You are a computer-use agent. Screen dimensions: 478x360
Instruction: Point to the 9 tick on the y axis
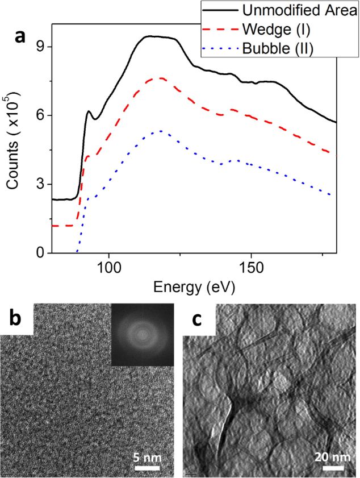point(40,47)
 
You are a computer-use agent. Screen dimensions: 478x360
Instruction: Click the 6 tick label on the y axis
point(40,115)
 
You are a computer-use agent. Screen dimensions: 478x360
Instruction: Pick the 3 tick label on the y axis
point(40,184)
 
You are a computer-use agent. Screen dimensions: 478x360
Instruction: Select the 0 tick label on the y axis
point(40,253)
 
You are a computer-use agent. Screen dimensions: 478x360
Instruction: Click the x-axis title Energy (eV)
point(194,286)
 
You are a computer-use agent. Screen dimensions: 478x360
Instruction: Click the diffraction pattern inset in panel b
point(143,334)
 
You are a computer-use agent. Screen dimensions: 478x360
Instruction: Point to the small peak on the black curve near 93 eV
point(89,111)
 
